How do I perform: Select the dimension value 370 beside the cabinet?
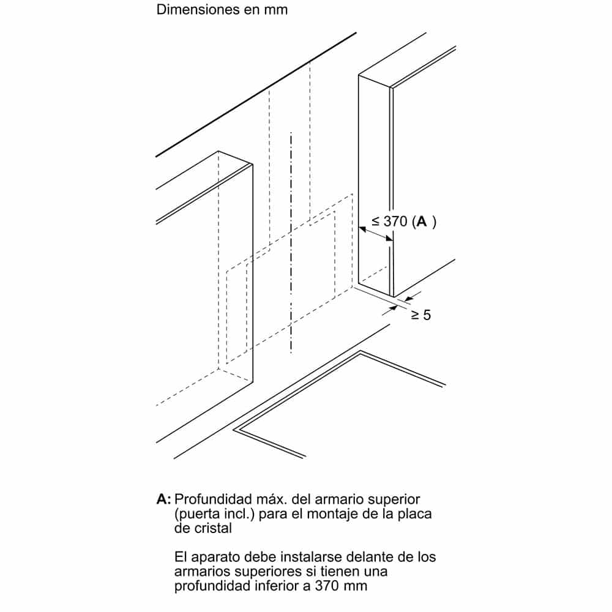pyautogui.click(x=395, y=222)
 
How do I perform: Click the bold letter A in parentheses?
pyautogui.click(x=422, y=222)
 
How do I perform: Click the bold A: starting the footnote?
pyautogui.click(x=164, y=499)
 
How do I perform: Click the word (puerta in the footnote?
pyautogui.click(x=195, y=513)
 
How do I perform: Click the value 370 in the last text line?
pyautogui.click(x=332, y=586)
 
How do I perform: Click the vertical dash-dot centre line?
pyautogui.click(x=291, y=245)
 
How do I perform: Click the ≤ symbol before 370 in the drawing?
pyautogui.click(x=376, y=222)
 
